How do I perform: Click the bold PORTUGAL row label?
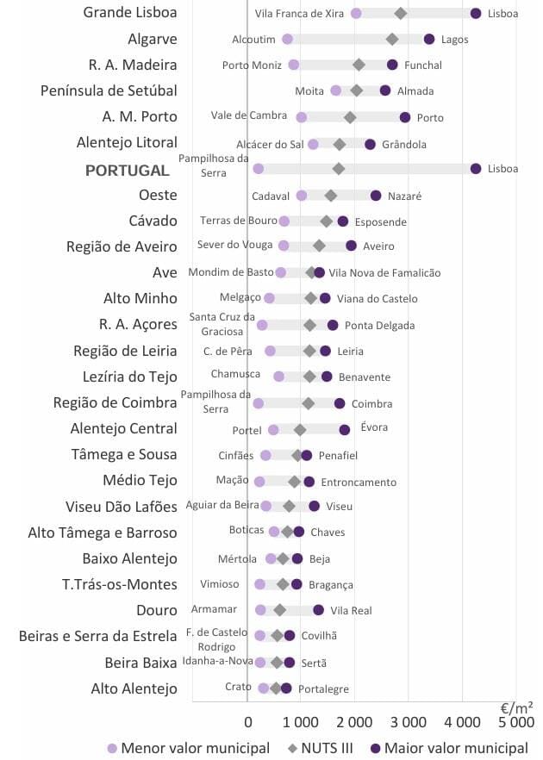click(x=127, y=171)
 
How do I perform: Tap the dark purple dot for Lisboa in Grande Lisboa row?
click(x=476, y=13)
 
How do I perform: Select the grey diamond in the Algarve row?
click(x=392, y=39)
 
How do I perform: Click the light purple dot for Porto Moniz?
click(x=294, y=65)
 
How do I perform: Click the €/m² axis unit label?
click(x=516, y=707)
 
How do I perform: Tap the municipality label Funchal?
click(x=422, y=65)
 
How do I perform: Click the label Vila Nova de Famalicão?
click(x=384, y=273)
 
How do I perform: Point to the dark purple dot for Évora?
click(x=345, y=429)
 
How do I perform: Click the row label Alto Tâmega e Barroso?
click(x=103, y=533)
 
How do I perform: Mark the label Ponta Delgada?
click(x=379, y=326)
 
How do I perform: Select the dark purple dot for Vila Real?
click(x=319, y=610)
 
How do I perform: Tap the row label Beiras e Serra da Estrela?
click(x=98, y=637)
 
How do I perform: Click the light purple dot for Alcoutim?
click(x=287, y=39)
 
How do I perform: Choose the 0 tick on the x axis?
click(x=247, y=721)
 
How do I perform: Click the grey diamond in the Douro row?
click(x=280, y=610)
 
